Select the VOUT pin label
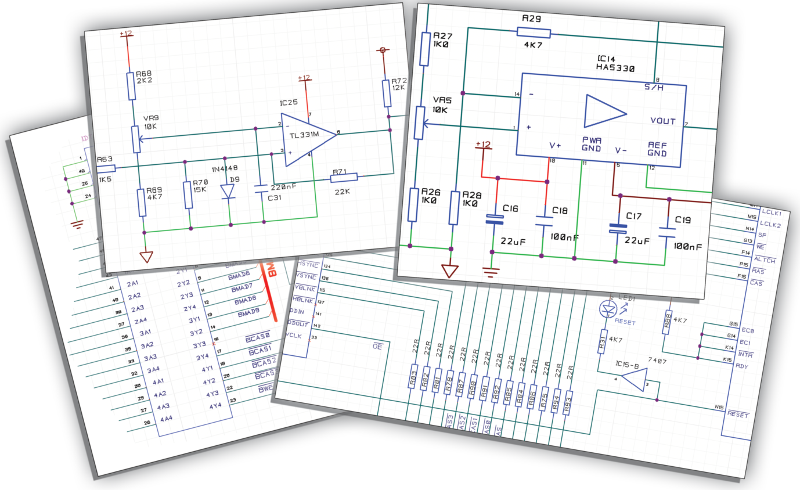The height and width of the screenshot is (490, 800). coord(662,121)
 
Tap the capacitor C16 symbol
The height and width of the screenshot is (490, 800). coord(495,219)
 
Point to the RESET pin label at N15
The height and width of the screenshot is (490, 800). coord(738,415)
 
